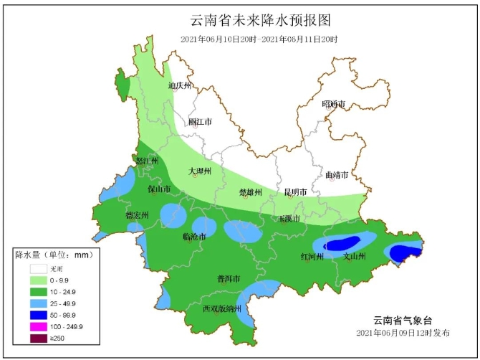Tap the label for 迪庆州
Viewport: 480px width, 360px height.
pyautogui.click(x=181, y=86)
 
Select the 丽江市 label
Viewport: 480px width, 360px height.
pyautogui.click(x=200, y=122)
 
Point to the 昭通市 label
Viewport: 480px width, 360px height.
pyautogui.click(x=334, y=104)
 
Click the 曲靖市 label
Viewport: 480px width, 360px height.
pyautogui.click(x=337, y=175)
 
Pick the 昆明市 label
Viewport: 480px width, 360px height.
pyautogui.click(x=295, y=192)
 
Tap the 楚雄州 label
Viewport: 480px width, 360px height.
pyautogui.click(x=251, y=192)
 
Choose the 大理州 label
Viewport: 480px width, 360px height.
pyautogui.click(x=200, y=171)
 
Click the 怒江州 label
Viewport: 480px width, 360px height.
pyautogui.click(x=146, y=161)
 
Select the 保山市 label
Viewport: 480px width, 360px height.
pyautogui.click(x=159, y=189)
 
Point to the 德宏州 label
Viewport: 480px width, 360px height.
pyautogui.click(x=137, y=215)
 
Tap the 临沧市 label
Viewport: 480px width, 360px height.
pyautogui.click(x=194, y=236)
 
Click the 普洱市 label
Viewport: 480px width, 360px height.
pyautogui.click(x=228, y=278)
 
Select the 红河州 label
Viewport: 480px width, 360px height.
pyautogui.click(x=312, y=256)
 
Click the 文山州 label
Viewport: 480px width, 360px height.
pyautogui.click(x=355, y=256)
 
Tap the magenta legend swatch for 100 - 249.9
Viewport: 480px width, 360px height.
pyautogui.click(x=39, y=327)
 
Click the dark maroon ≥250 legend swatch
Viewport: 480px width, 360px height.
pyautogui.click(x=39, y=338)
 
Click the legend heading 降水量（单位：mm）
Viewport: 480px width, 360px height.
pyautogui.click(x=54, y=254)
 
